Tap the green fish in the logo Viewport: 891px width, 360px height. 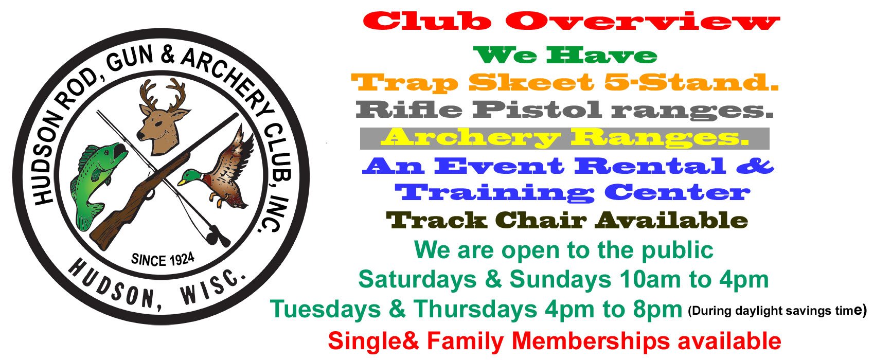pyautogui.click(x=98, y=180)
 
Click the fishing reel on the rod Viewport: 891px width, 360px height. pyautogui.click(x=215, y=237)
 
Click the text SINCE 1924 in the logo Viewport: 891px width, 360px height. pyautogui.click(x=163, y=259)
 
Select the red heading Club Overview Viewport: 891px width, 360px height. pyautogui.click(x=571, y=22)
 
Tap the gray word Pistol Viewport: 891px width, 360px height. pyautogui.click(x=537, y=110)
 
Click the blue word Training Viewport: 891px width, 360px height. pyautogui.click(x=494, y=193)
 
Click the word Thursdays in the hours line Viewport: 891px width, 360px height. pyautogui.click(x=476, y=310)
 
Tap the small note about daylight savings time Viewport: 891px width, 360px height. pyautogui.click(x=777, y=311)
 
